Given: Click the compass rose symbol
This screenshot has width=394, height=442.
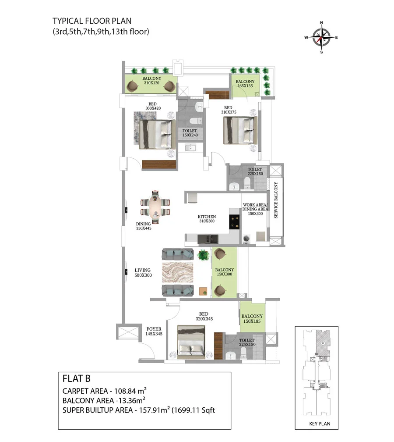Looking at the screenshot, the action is [x=321, y=37].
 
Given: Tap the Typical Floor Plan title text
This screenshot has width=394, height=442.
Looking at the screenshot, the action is [x=92, y=21].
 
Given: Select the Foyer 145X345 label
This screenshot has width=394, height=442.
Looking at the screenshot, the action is [x=154, y=331].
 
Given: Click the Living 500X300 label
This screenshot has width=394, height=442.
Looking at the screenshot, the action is [x=143, y=273].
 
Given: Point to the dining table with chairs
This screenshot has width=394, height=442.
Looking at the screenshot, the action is [x=155, y=207].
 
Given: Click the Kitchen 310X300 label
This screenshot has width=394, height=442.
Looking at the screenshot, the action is [x=207, y=219].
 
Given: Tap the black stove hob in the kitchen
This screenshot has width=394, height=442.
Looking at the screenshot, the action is [x=234, y=221].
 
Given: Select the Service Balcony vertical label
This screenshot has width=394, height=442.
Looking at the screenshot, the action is [x=276, y=200].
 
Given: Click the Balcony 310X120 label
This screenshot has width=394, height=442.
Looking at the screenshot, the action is [x=151, y=81].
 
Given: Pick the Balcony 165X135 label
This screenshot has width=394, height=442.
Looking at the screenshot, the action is [x=245, y=84].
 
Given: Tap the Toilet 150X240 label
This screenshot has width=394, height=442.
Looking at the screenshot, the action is [x=190, y=133].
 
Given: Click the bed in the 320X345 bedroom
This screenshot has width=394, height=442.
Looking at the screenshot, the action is [x=191, y=342].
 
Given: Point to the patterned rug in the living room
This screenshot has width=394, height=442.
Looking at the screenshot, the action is [x=178, y=272].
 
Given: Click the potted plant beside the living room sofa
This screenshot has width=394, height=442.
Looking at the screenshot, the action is [x=203, y=255].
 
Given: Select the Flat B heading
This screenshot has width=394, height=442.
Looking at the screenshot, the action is [x=77, y=378].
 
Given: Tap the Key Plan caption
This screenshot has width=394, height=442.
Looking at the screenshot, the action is [x=320, y=424].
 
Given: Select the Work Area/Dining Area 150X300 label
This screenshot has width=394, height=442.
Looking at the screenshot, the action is [x=255, y=209].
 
